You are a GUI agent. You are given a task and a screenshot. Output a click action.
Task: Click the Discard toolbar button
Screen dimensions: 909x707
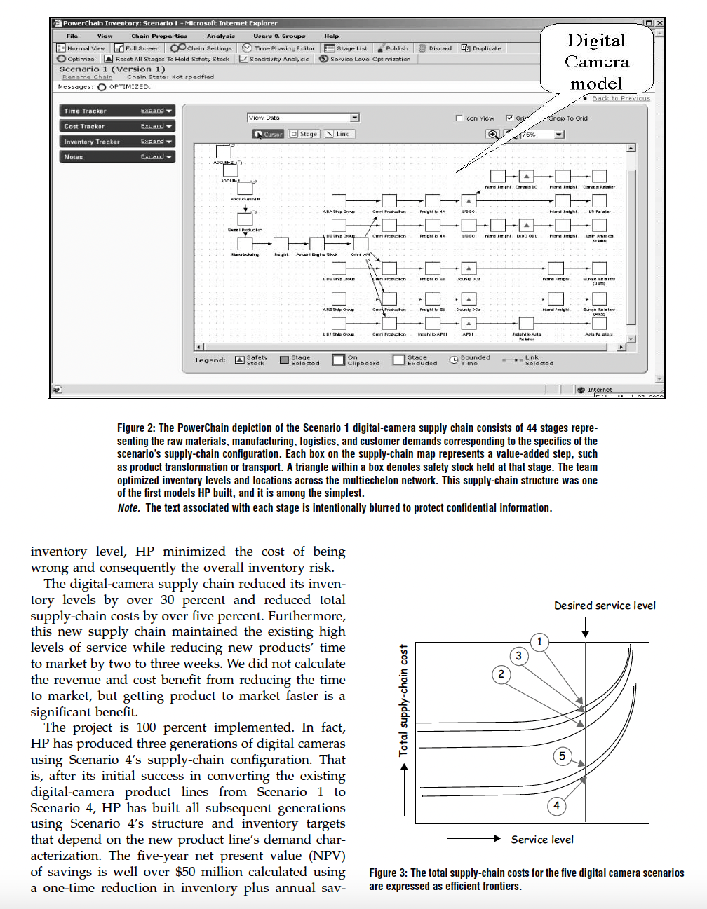[x=436, y=48]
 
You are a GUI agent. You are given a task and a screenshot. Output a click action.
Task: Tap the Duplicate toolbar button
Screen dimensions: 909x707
[x=482, y=48]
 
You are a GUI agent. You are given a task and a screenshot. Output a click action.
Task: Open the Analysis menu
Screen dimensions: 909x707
[x=221, y=36]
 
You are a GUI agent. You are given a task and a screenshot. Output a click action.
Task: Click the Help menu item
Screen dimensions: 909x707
[x=332, y=36]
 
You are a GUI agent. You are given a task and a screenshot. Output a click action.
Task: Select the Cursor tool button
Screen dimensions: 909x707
[x=269, y=134]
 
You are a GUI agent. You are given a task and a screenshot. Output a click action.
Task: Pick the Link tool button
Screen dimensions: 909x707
[x=337, y=134]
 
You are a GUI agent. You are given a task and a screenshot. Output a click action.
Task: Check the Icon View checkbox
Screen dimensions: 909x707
[x=459, y=118]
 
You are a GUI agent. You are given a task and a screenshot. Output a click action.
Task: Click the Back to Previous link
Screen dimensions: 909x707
[x=621, y=99]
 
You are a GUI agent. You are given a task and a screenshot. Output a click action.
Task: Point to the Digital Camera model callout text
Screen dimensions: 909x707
[x=596, y=62]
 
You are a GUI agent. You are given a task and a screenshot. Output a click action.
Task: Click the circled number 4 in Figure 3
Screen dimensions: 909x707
[x=557, y=805]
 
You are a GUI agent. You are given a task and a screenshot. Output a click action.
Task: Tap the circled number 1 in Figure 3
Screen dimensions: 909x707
[x=539, y=641]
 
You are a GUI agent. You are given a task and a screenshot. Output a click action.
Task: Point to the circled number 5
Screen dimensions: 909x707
[x=562, y=756]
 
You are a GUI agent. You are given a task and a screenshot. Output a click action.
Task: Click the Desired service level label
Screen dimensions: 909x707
[x=605, y=606]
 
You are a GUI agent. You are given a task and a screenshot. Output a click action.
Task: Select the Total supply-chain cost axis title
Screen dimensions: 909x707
[x=403, y=700]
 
